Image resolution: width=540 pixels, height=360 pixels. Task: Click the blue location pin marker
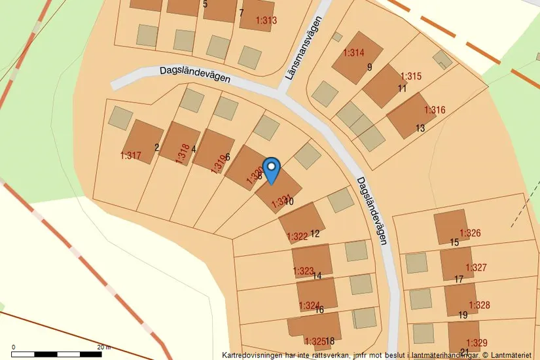pos(271,169)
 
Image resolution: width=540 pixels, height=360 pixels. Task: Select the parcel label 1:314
pos(353,53)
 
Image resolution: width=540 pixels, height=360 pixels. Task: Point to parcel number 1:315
pos(411,76)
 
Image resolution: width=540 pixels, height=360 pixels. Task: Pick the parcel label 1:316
pos(435,110)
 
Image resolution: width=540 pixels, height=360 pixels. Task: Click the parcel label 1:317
pos(131,156)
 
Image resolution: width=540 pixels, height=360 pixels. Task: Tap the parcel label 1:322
pos(297,236)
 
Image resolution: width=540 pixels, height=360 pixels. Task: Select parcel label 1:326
pos(470,233)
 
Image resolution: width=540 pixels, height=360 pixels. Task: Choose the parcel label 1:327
pos(476,268)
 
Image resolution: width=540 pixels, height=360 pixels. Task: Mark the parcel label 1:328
pos(479,305)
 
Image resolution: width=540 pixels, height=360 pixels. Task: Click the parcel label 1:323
pos(303,271)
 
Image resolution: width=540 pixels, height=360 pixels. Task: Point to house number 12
pos(315,234)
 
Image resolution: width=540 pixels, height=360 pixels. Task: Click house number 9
pos(369,67)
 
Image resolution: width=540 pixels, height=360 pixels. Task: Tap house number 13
pos(420,128)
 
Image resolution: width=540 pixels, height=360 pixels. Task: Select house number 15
pos(454,243)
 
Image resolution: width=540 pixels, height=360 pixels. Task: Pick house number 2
pos(157,147)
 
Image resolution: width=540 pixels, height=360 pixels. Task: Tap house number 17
pos(458,279)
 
